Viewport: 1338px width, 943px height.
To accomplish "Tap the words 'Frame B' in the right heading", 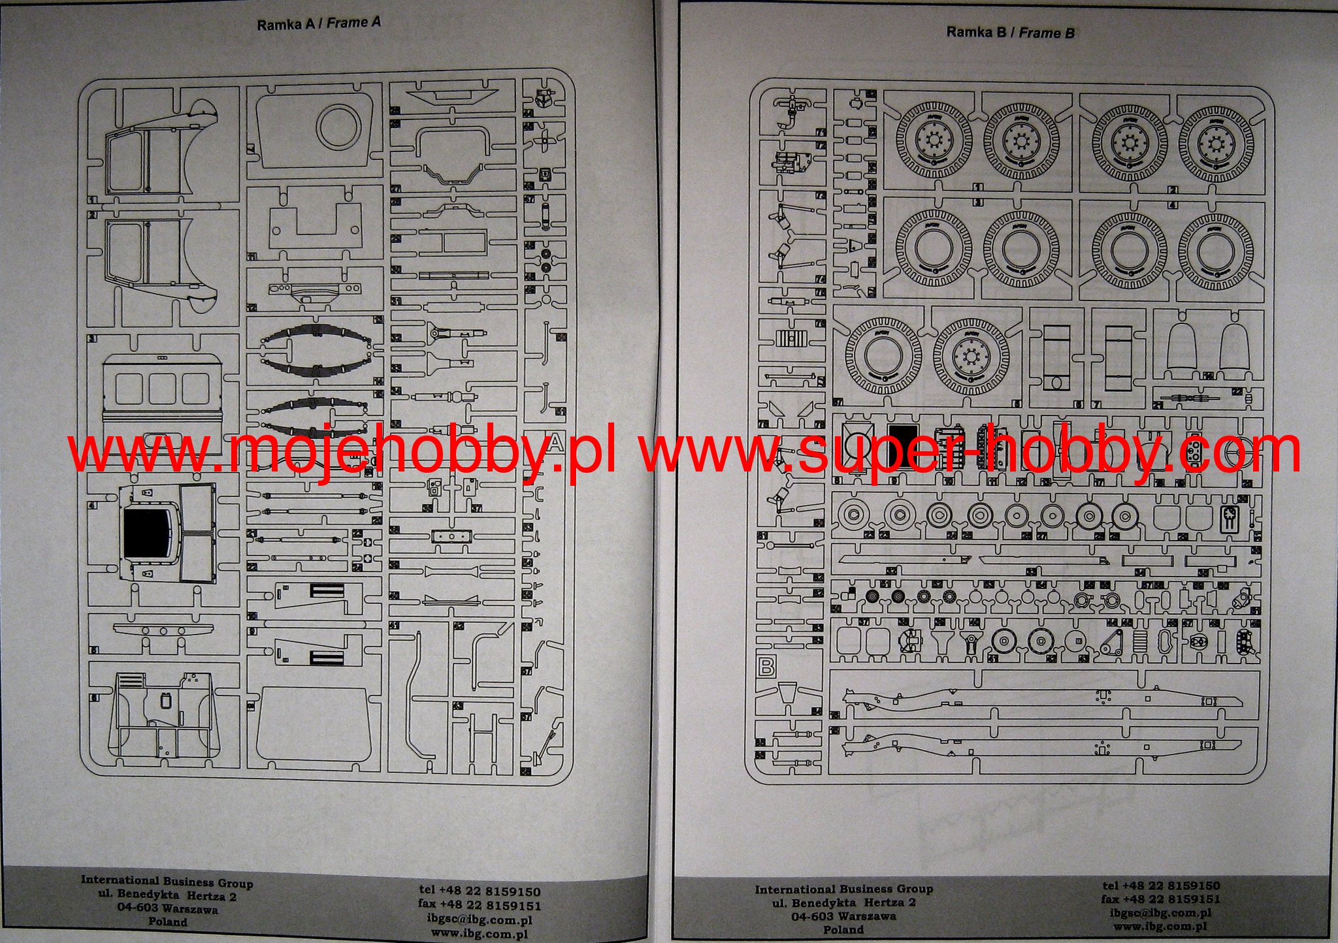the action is click(x=1047, y=33).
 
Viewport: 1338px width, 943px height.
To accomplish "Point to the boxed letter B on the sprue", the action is click(x=766, y=667).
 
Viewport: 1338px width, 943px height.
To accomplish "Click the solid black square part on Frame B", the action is click(x=903, y=447).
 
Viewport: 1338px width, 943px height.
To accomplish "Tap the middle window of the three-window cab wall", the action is click(x=162, y=388).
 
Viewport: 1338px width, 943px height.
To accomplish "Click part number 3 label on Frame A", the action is click(x=93, y=339).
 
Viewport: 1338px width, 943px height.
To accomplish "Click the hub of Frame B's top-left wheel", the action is click(x=932, y=140).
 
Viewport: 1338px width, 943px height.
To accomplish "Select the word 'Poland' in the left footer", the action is click(x=167, y=922).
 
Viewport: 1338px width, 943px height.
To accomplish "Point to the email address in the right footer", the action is click(x=1160, y=913).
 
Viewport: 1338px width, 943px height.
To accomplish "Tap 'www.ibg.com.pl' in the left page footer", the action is click(x=480, y=934).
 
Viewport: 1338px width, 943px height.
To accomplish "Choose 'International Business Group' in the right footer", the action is click(x=843, y=889).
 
